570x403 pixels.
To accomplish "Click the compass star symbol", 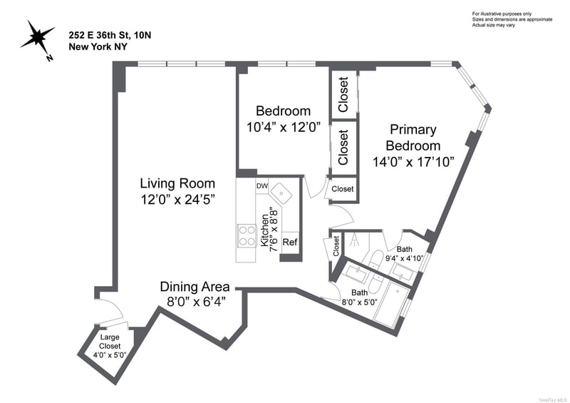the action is tap(37, 37).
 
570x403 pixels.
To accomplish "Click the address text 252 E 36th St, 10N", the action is tap(110, 36).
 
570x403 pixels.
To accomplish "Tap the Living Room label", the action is tap(177, 183).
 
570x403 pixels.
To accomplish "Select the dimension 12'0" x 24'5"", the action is tap(177, 200).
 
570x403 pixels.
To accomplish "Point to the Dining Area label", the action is tap(195, 287).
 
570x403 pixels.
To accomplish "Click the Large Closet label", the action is tap(110, 342).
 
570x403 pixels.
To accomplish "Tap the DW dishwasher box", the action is tap(262, 186).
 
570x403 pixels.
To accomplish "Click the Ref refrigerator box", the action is tap(290, 242).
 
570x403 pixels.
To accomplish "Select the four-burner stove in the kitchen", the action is tap(247, 235).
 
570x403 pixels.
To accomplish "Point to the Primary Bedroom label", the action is tap(413, 138).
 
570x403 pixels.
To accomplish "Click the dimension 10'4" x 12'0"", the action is tap(283, 128).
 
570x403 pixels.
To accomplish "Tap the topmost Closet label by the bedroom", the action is tap(343, 94).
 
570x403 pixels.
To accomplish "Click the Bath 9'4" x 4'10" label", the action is tap(405, 254).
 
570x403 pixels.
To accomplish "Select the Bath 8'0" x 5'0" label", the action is tap(359, 297).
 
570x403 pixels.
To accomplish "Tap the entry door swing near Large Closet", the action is tap(113, 310).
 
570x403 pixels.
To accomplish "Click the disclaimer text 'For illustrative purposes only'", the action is tap(502, 14).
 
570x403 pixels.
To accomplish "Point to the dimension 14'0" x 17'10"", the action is tap(413, 161).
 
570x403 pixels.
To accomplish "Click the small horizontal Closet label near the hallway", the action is tap(343, 189).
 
